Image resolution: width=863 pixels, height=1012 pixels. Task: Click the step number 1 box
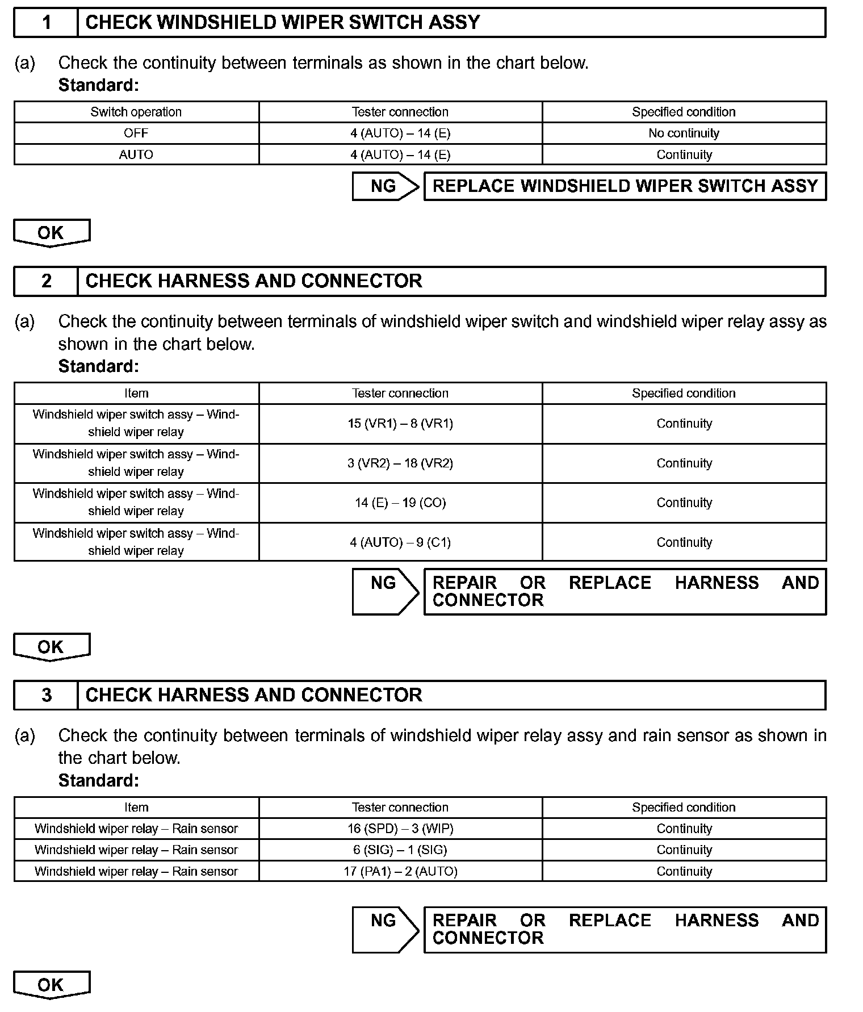[x=46, y=23]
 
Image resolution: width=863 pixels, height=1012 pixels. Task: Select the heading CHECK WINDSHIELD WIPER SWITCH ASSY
[x=282, y=23]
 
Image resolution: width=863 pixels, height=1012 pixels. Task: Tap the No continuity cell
[x=684, y=133]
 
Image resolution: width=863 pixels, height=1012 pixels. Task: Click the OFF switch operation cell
[x=136, y=133]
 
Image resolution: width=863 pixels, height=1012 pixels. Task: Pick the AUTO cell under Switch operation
[x=136, y=154]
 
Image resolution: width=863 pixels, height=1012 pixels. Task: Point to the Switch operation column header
[x=136, y=112]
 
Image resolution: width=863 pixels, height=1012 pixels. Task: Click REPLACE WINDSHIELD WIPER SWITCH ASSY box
[x=625, y=186]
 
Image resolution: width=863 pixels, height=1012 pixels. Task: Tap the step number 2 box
[x=46, y=281]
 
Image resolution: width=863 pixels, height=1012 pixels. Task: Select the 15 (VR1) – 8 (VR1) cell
[x=400, y=424]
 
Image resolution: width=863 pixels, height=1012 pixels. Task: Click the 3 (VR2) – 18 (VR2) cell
[x=400, y=463]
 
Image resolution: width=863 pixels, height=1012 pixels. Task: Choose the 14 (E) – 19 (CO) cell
[x=400, y=503]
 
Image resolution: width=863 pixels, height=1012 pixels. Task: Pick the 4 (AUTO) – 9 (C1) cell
[x=400, y=542]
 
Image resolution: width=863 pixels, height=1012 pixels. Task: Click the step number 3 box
[x=46, y=695]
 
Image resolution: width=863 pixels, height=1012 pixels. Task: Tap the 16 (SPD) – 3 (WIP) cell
[x=400, y=829]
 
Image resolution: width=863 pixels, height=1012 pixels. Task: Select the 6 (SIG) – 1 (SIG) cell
[x=400, y=850]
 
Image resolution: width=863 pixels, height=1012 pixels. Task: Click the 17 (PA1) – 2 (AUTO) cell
[x=400, y=871]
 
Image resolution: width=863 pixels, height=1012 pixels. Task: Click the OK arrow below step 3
[x=51, y=985]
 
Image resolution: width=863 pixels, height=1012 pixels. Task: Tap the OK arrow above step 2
[x=51, y=233]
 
